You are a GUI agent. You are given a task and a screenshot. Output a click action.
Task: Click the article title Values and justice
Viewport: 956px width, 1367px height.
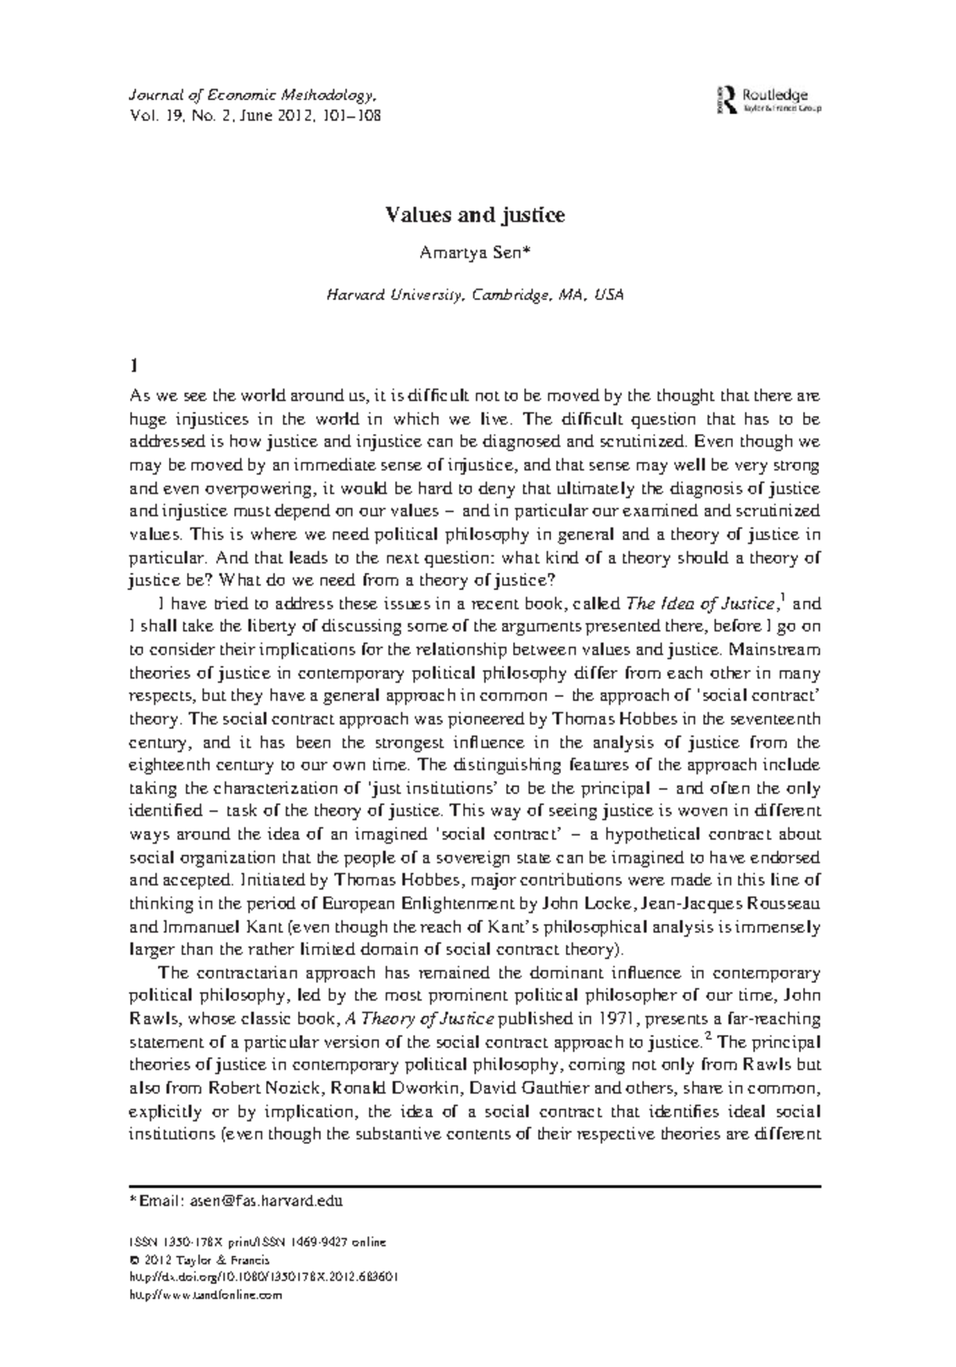476,215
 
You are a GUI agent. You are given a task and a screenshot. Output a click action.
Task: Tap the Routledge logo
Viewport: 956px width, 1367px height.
769,100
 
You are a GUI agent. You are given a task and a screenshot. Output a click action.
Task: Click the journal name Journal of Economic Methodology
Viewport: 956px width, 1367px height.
252,96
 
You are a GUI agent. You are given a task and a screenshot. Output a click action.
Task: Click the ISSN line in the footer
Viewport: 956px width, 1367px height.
257,1242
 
